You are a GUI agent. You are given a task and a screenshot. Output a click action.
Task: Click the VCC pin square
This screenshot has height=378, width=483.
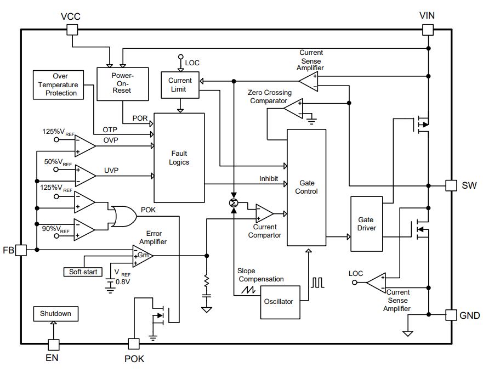click(72, 30)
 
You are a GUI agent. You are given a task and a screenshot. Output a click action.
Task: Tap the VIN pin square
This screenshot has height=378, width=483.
click(428, 30)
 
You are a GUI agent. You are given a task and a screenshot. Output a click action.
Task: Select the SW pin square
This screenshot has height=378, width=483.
click(451, 185)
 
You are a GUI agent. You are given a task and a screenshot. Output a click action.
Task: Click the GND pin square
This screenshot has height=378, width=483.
click(451, 315)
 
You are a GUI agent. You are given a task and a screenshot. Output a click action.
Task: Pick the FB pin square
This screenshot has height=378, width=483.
click(21, 250)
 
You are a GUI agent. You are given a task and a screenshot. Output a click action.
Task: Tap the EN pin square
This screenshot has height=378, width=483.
click(54, 345)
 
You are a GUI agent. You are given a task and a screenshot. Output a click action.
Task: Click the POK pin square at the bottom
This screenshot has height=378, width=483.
click(134, 344)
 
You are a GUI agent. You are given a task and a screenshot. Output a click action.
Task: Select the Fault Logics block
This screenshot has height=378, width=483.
click(179, 158)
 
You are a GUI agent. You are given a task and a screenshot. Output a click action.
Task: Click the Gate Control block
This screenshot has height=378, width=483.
click(306, 188)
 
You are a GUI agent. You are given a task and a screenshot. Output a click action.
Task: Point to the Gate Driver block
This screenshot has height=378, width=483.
click(367, 224)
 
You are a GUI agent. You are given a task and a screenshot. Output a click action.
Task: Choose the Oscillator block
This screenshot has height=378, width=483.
click(280, 302)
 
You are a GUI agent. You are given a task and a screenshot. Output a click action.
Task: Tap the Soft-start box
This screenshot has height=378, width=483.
click(83, 272)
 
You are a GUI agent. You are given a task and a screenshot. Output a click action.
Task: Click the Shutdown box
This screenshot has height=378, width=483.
click(56, 314)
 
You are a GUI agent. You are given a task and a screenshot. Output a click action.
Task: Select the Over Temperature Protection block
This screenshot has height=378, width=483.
click(58, 85)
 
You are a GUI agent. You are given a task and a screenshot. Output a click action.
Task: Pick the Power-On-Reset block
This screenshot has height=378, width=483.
click(123, 84)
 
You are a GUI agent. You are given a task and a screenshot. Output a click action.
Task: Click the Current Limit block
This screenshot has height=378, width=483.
click(180, 85)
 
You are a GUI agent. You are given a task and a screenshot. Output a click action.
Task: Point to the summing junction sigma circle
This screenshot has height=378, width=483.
click(234, 203)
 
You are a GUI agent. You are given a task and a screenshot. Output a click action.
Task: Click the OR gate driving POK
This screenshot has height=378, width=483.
click(124, 217)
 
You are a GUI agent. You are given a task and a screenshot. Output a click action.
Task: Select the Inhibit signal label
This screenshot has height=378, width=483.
click(269, 178)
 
